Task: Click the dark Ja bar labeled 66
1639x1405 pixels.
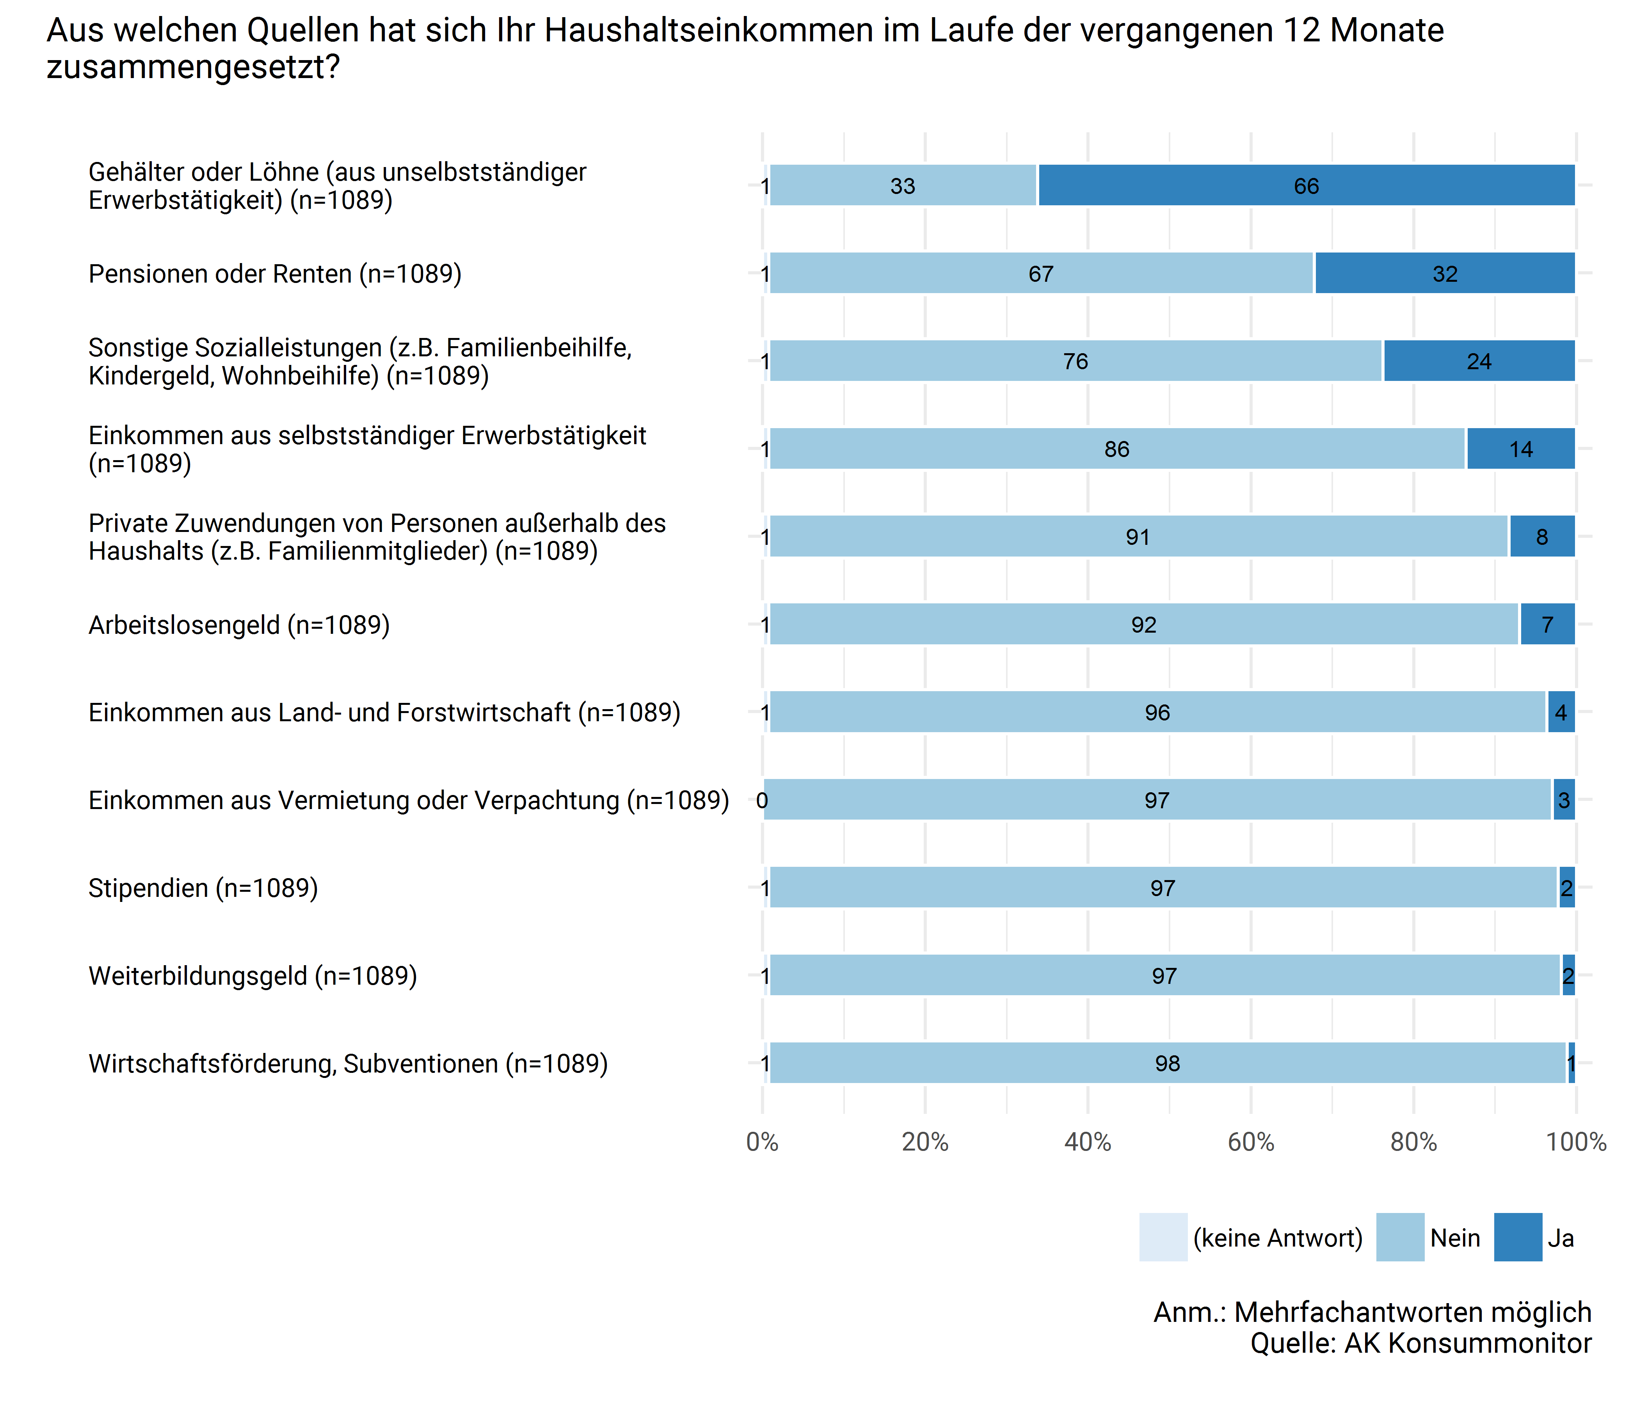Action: pyautogui.click(x=1306, y=186)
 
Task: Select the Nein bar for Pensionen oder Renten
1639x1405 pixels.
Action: pyautogui.click(x=1041, y=274)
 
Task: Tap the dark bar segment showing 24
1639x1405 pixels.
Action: pyautogui.click(x=1479, y=361)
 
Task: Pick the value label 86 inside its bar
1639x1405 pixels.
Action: pyautogui.click(x=1117, y=449)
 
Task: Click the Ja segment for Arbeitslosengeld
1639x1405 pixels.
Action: pyautogui.click(x=1547, y=625)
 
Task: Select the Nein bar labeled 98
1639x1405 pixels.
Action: pyautogui.click(x=1168, y=1063)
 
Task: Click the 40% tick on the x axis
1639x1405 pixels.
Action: pyautogui.click(x=1088, y=1142)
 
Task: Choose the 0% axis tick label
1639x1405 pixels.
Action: pyautogui.click(x=763, y=1142)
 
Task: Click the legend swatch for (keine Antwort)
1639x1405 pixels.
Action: pyautogui.click(x=1163, y=1237)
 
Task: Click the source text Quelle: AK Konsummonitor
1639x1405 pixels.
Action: pyautogui.click(x=1421, y=1343)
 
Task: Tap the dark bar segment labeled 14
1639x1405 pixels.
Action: pyautogui.click(x=1520, y=449)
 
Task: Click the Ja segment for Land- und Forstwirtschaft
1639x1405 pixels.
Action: pyautogui.click(x=1561, y=713)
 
